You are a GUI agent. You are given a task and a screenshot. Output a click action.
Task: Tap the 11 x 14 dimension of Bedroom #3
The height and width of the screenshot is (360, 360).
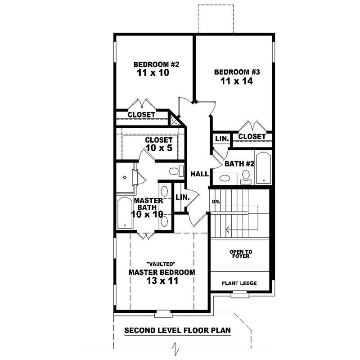point(237,81)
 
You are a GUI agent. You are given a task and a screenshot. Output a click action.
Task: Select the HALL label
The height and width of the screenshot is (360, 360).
point(199,174)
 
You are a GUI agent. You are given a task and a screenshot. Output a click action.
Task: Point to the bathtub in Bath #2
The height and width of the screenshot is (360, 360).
point(264,168)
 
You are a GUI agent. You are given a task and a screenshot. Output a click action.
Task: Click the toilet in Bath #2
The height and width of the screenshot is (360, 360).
point(246,179)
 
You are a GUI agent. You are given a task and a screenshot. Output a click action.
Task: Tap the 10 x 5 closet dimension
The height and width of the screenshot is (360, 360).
point(158,148)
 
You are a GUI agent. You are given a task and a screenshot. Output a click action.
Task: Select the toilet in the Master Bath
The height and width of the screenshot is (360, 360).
point(175,171)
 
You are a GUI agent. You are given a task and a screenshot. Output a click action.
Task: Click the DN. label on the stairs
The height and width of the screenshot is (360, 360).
point(216,202)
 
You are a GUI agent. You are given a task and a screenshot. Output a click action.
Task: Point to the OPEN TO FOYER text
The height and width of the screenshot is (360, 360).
point(239,254)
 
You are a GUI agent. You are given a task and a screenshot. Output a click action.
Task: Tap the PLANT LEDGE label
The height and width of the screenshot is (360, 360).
point(239,283)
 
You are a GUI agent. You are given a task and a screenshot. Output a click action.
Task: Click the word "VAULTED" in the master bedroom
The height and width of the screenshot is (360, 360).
point(161,264)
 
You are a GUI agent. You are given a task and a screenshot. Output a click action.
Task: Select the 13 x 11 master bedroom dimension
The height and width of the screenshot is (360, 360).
point(162,281)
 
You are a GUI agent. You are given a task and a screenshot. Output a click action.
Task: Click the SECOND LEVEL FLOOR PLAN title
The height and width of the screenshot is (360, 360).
point(177,330)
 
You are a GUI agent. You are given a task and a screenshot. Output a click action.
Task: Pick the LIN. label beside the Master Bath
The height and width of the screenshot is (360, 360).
point(182,197)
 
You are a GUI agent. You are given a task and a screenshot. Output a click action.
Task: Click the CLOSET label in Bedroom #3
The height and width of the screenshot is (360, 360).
point(252,136)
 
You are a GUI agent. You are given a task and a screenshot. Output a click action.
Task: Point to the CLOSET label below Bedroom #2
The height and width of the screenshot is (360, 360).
point(141,115)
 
